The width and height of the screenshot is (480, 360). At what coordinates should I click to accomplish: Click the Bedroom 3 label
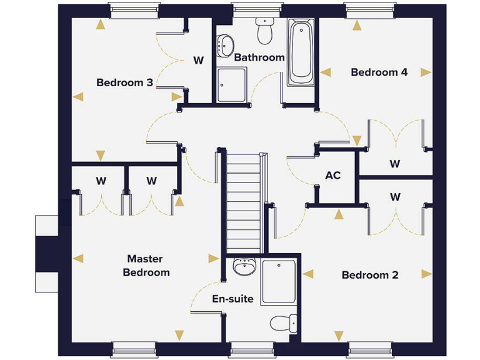[124, 82]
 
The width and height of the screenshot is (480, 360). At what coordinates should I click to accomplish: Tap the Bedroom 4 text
[379, 72]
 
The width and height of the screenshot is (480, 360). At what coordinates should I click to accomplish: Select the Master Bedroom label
[146, 265]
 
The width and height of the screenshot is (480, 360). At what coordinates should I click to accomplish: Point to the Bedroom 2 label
[370, 275]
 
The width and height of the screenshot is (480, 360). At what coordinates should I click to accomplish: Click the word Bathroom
[259, 57]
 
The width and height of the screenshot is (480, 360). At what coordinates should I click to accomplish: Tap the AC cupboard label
[333, 176]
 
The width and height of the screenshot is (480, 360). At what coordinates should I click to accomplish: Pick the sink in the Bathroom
[225, 44]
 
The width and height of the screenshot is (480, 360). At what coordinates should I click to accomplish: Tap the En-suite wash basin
[242, 267]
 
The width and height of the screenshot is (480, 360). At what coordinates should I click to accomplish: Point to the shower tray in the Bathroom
[231, 84]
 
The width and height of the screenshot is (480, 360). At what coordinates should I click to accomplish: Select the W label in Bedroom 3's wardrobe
[198, 61]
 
